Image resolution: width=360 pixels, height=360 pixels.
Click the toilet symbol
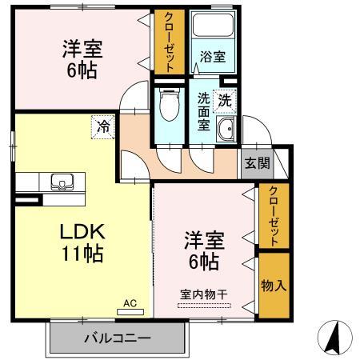(x=168, y=103)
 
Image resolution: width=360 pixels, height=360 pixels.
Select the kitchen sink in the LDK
(x=61, y=182)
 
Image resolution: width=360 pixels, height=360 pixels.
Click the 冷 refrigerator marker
(x=103, y=125)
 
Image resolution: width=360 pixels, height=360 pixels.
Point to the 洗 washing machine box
(x=226, y=102)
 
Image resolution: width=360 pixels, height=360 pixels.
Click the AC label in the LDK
(x=130, y=303)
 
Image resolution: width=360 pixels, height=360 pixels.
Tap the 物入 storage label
(x=273, y=285)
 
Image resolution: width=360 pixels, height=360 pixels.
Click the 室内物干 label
(x=202, y=293)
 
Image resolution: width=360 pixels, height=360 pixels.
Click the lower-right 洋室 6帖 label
(x=204, y=249)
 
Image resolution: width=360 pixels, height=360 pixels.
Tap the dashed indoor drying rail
(x=202, y=303)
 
